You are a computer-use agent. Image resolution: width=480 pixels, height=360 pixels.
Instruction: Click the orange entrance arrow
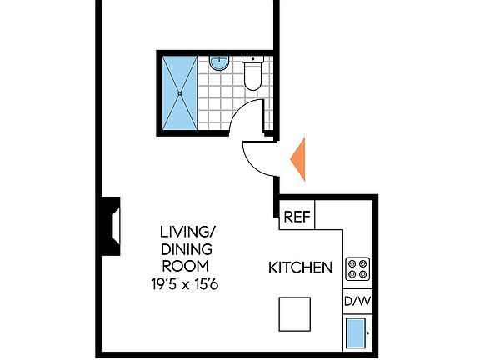click(300, 158)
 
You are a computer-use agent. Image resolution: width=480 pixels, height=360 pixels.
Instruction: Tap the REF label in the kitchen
click(297, 217)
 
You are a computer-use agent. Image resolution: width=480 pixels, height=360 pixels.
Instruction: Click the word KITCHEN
click(301, 267)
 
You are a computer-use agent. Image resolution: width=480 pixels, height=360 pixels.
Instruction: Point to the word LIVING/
click(185, 231)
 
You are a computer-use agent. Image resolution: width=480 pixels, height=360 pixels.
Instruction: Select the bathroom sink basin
click(219, 63)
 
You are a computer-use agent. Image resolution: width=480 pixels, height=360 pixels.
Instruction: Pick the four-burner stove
click(357, 268)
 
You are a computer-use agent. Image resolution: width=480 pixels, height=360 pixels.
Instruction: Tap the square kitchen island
click(295, 315)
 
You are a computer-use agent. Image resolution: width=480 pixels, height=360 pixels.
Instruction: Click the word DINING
click(185, 249)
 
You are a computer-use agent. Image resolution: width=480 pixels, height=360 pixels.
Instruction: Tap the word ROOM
click(185, 267)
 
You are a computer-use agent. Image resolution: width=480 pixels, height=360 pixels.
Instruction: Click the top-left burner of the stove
click(352, 262)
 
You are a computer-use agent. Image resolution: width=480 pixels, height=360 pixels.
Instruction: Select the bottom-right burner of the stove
click(362, 274)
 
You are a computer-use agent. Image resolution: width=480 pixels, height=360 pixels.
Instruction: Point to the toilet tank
click(252, 60)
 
